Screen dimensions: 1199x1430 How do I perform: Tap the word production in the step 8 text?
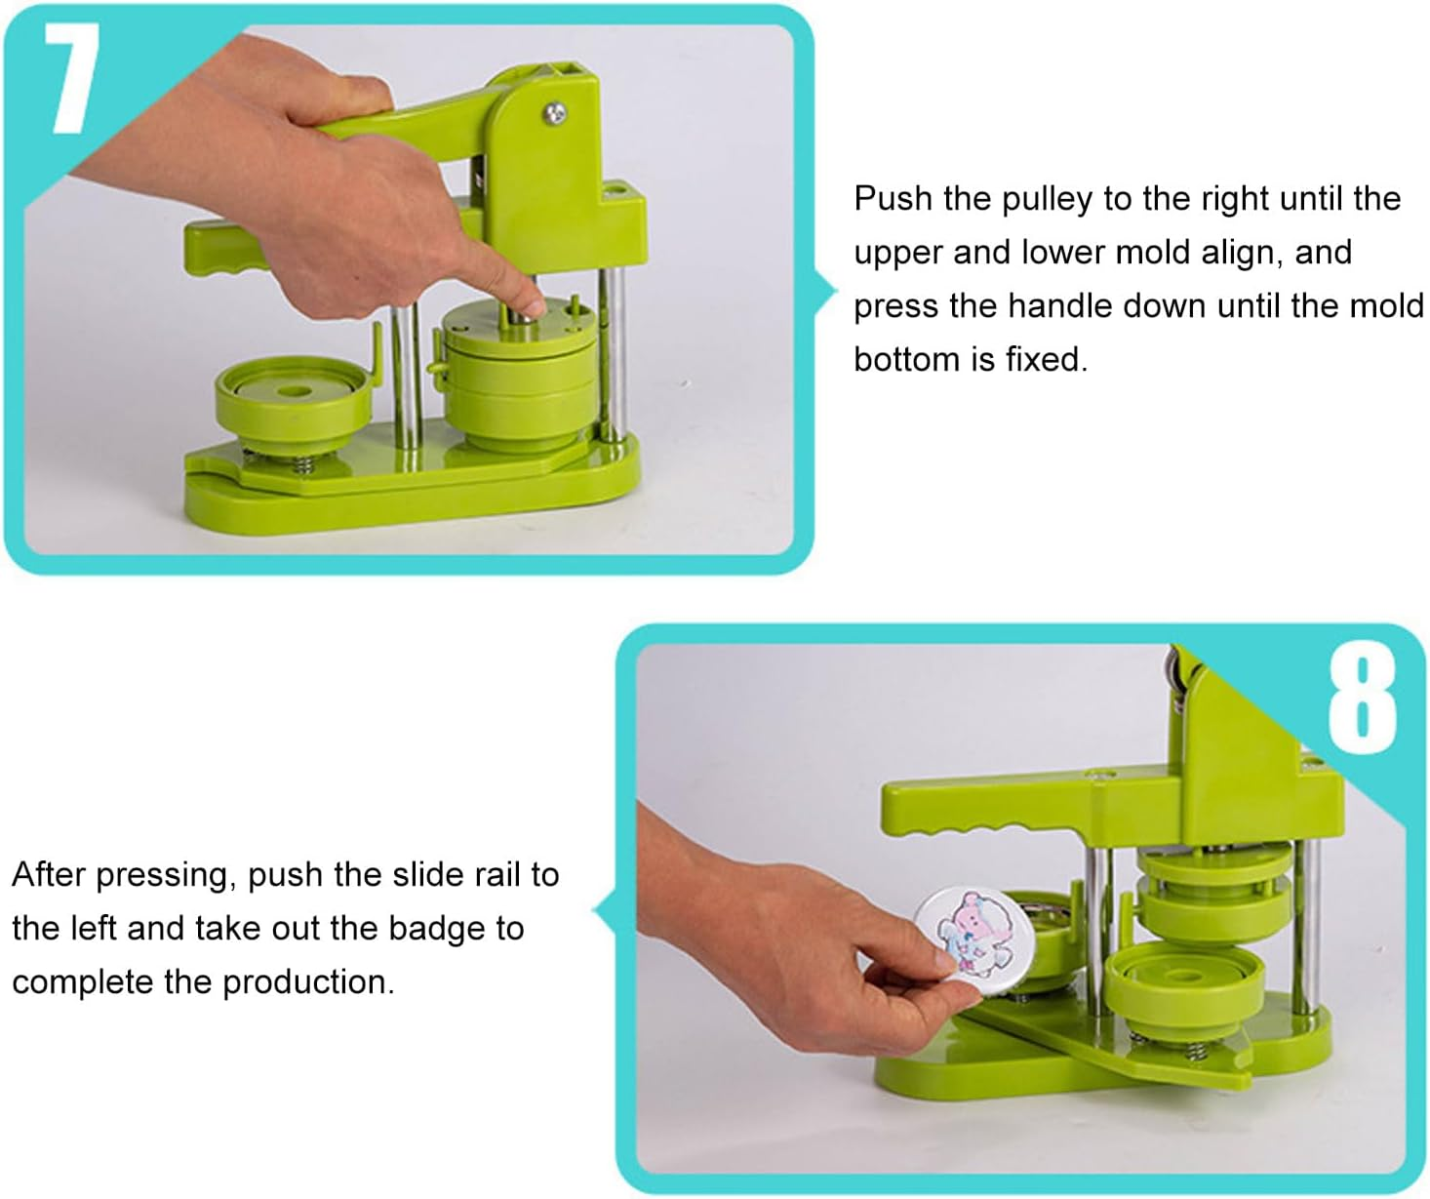(x=308, y=981)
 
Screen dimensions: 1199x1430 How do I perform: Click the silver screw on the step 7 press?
(x=555, y=114)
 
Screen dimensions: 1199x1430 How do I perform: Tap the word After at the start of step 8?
(x=49, y=875)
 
